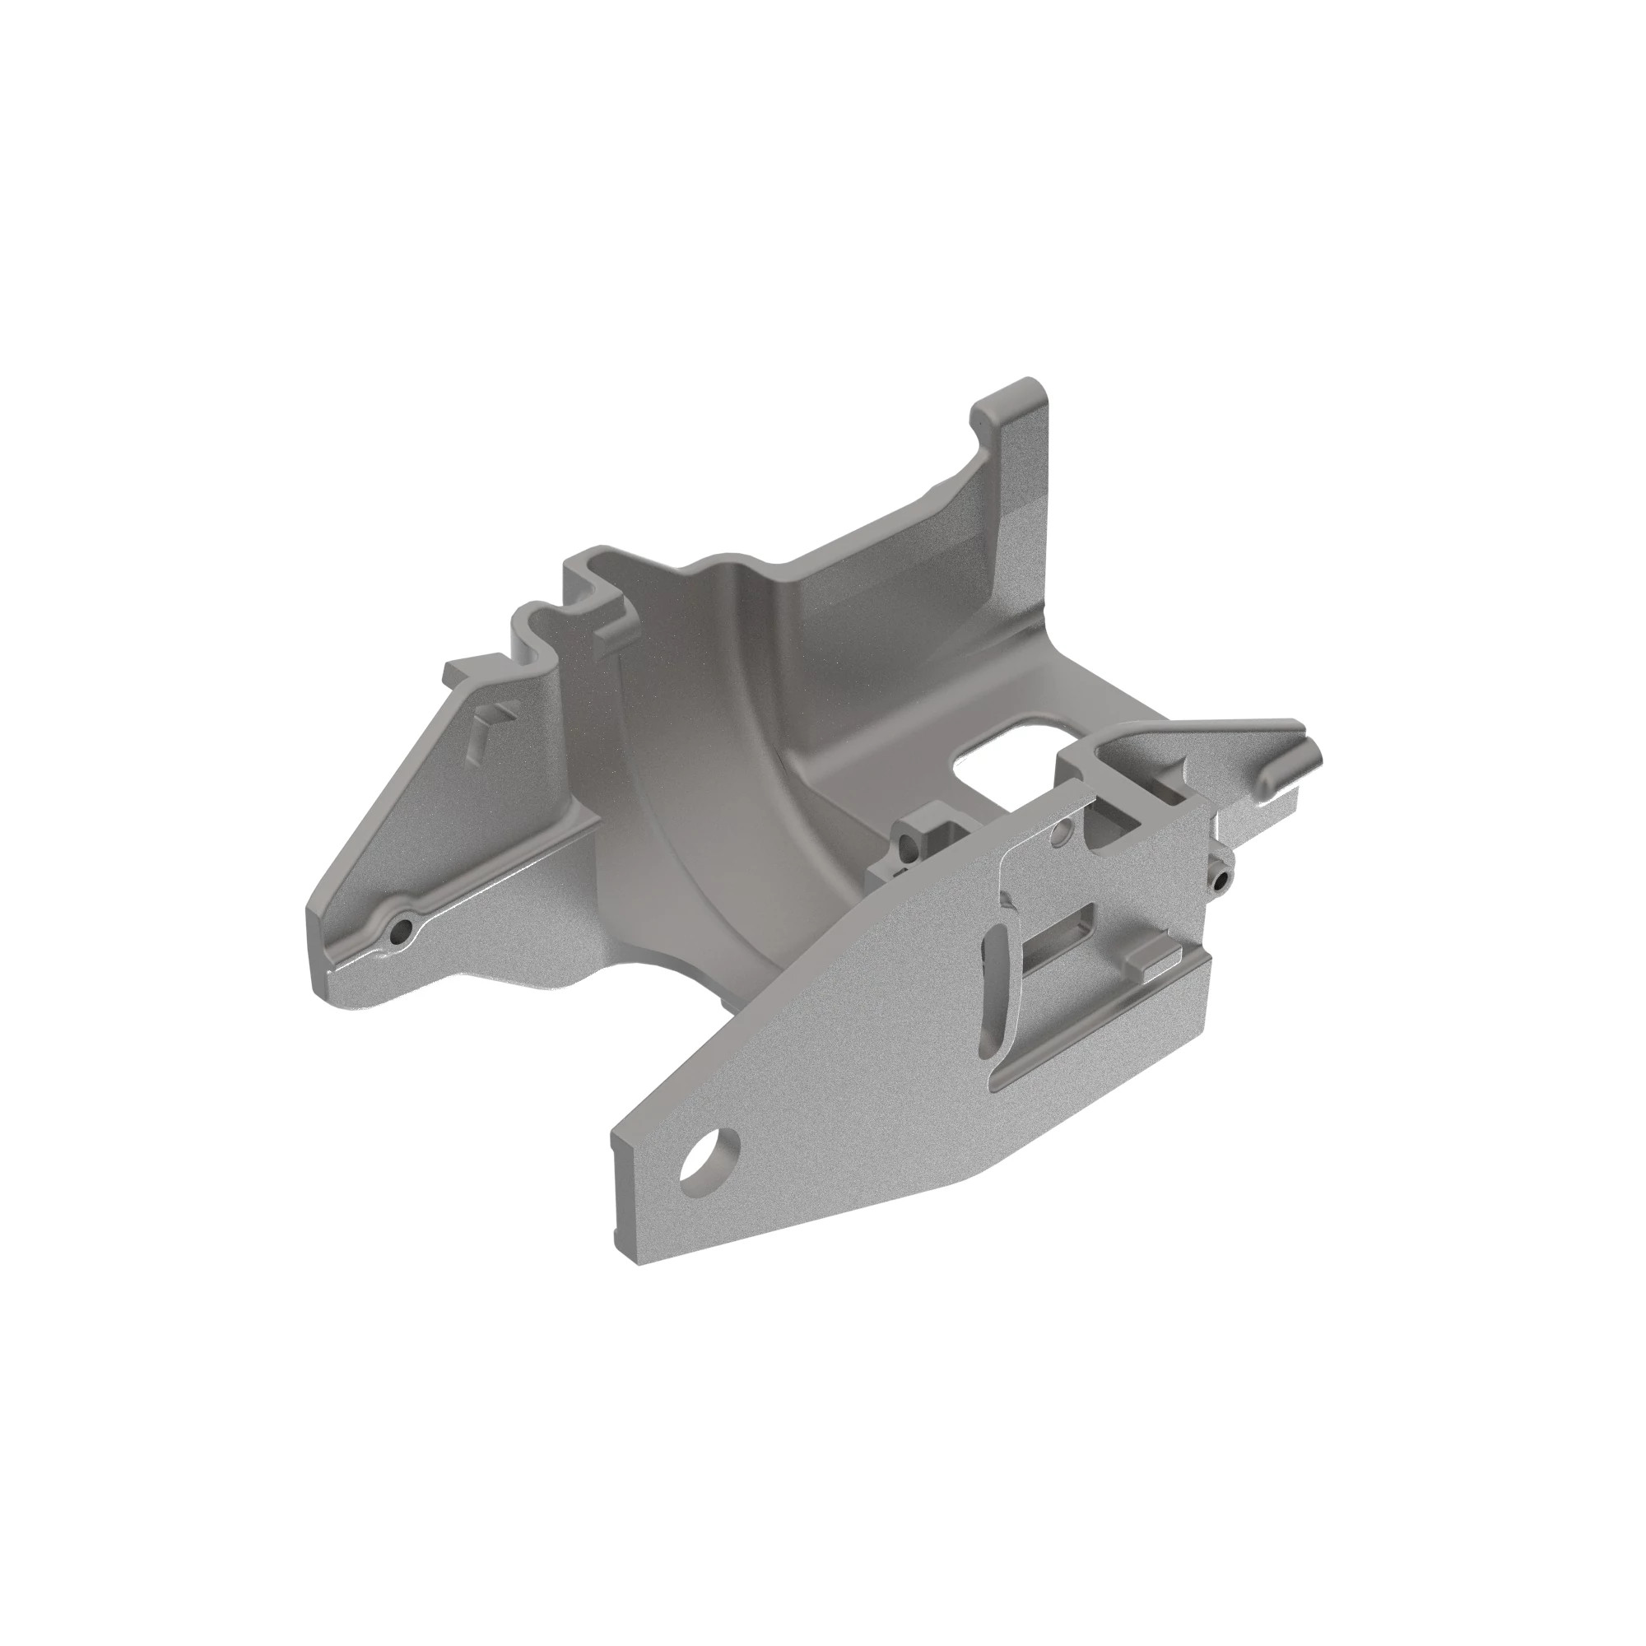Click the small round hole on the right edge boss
pyautogui.click(x=1225, y=877)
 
